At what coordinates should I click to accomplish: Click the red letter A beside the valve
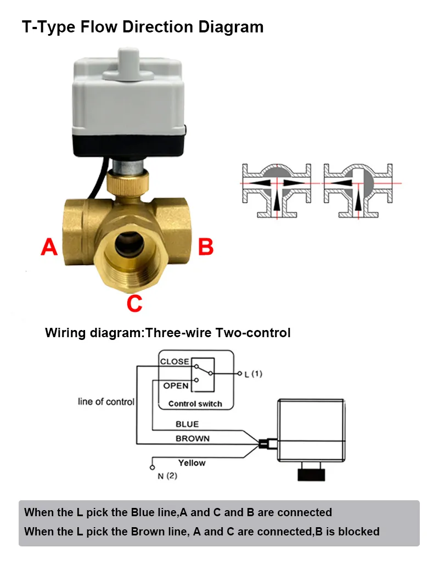pyautogui.click(x=49, y=247)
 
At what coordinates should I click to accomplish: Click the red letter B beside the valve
pyautogui.click(x=205, y=247)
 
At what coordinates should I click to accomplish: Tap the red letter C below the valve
pyautogui.click(x=134, y=303)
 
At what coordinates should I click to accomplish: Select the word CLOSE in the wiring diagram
pyautogui.click(x=175, y=362)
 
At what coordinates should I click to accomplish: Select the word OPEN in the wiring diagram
pyautogui.click(x=176, y=385)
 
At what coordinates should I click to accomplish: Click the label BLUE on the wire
pyautogui.click(x=187, y=424)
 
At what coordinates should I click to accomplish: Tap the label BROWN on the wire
pyautogui.click(x=192, y=439)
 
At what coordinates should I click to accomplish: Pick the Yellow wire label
pyautogui.click(x=192, y=463)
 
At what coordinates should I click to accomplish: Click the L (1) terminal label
pyautogui.click(x=254, y=374)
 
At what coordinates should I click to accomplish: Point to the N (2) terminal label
pyautogui.click(x=167, y=476)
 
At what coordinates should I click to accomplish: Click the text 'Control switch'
pyautogui.click(x=195, y=404)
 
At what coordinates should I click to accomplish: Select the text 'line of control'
pyautogui.click(x=106, y=402)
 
